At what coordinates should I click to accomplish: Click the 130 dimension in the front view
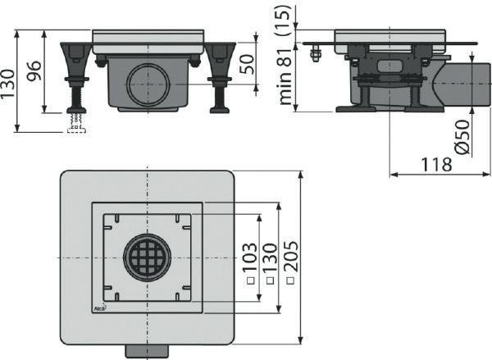[8, 84]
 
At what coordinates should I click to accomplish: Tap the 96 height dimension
[34, 71]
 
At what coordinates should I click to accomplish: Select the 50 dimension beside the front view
[248, 64]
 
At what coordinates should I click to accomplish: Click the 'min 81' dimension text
[285, 76]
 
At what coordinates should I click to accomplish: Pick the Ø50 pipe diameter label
[463, 137]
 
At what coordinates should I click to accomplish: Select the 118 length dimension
[436, 165]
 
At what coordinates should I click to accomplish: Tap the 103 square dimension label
[250, 257]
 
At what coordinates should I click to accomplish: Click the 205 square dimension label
[290, 256]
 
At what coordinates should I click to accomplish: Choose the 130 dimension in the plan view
[270, 257]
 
